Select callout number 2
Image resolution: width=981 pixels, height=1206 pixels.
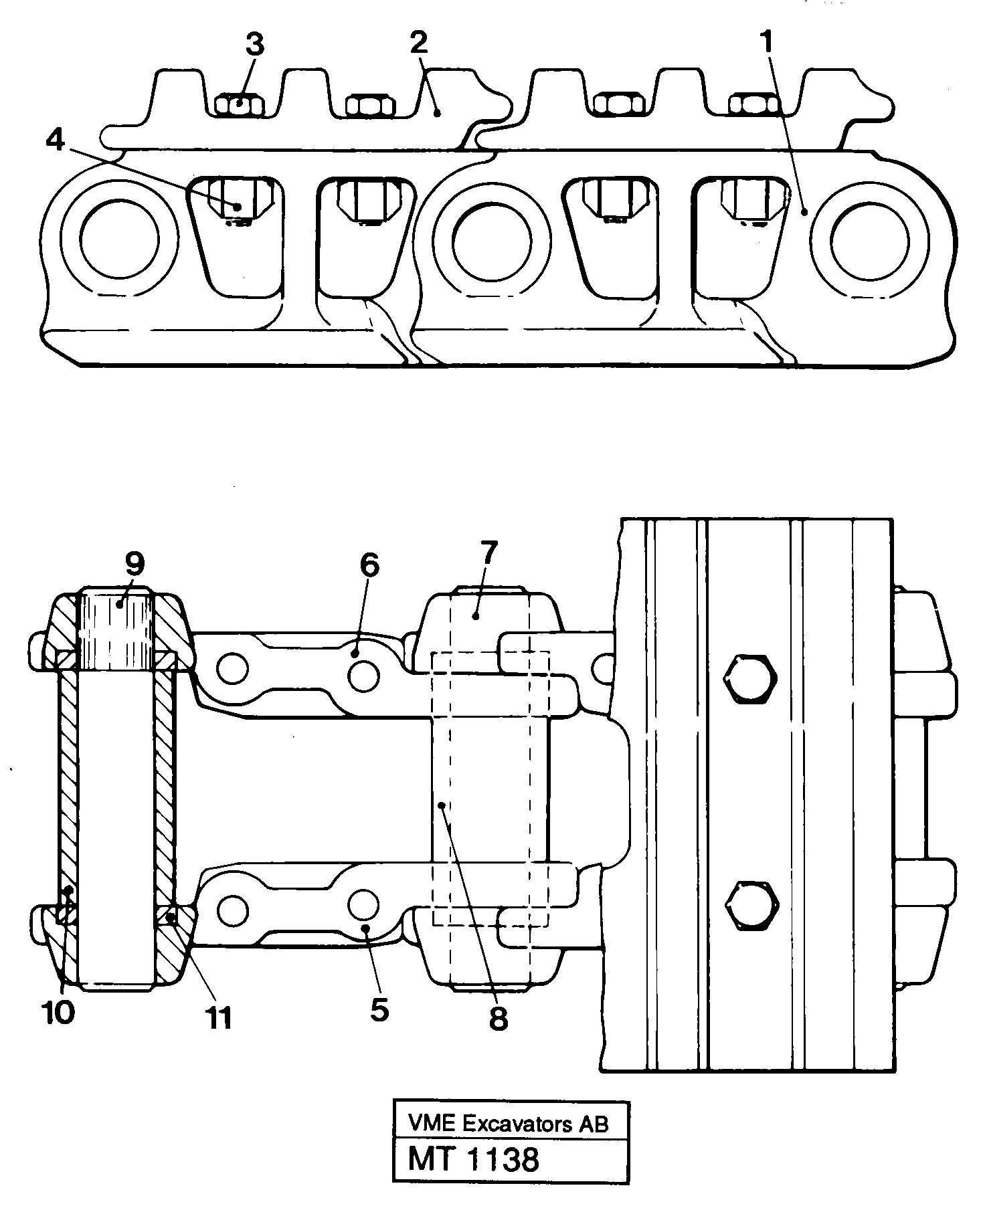(418, 45)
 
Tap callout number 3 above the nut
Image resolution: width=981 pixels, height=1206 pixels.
(254, 45)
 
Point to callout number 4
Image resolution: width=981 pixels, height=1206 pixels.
(56, 141)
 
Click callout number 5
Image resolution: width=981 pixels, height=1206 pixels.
(379, 1010)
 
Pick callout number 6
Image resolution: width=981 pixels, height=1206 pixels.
(369, 567)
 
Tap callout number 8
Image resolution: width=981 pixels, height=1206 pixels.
(498, 1019)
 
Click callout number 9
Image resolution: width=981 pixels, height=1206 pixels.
(135, 565)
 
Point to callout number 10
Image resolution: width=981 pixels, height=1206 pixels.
(59, 1013)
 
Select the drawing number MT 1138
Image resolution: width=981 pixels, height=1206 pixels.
(473, 1159)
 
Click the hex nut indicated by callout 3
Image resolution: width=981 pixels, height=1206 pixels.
(240, 105)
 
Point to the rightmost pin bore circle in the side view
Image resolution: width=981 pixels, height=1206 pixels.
(869, 239)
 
